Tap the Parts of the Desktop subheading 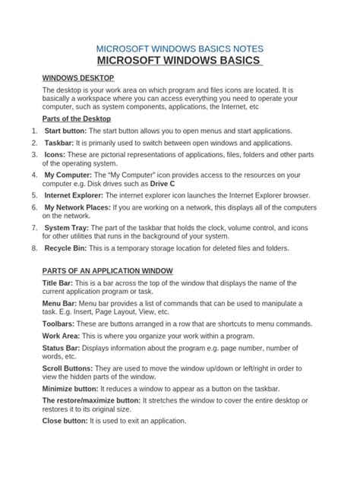coord(76,119)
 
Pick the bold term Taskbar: coord(58,143)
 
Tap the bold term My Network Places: coord(77,207)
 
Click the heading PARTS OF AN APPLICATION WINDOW coord(108,271)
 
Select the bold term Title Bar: coord(61,283)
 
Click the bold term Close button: coord(68,420)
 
